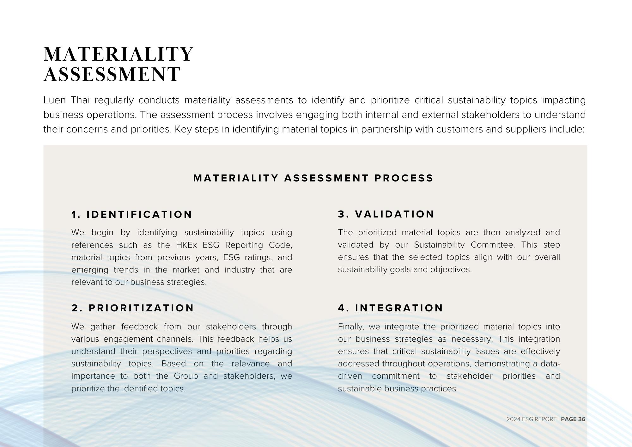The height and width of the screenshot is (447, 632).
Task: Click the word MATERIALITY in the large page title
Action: coord(118,54)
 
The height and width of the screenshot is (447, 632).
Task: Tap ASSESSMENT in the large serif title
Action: coord(112,74)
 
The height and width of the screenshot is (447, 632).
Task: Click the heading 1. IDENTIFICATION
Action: coord(132,215)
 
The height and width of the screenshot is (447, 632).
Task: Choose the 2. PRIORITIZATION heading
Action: coord(133,308)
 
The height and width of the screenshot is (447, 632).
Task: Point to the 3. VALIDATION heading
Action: coord(386,214)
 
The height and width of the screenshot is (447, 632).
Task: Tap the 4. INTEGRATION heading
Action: coord(391,308)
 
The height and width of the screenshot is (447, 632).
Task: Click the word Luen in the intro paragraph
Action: coord(55,100)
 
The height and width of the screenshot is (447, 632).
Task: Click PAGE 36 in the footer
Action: coord(573,419)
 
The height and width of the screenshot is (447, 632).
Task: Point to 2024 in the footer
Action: coord(513,419)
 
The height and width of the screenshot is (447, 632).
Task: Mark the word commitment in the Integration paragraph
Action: coord(396,376)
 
